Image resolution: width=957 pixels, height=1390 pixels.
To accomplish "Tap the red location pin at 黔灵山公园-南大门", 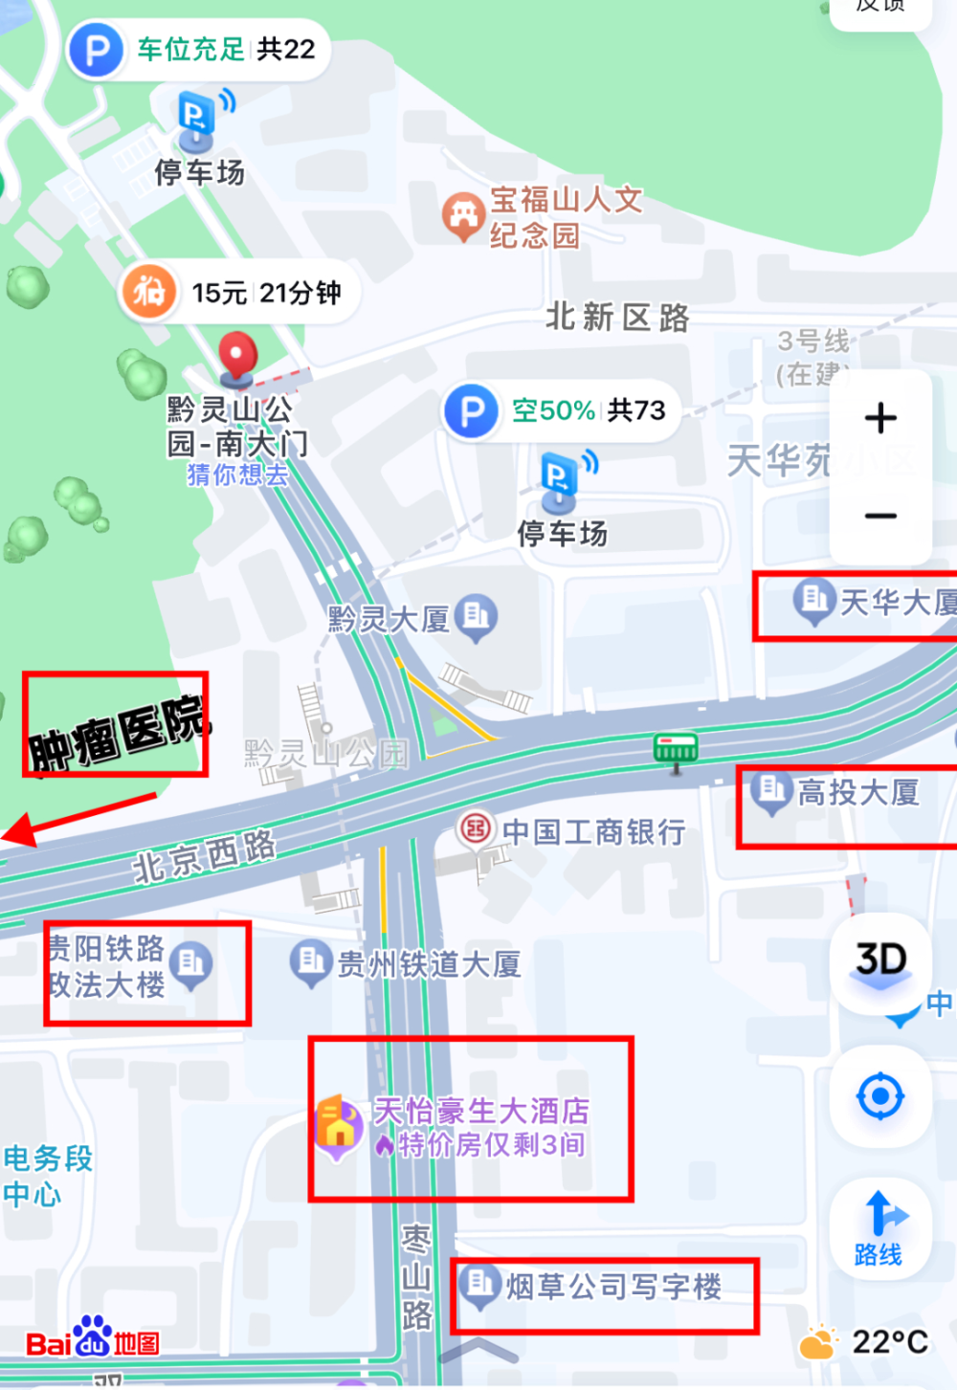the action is (237, 356).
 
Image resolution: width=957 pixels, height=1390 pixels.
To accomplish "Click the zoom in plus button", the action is (880, 418).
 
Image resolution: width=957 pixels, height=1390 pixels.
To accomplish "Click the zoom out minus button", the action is (880, 517).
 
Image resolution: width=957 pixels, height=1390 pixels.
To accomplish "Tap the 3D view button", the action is (880, 960).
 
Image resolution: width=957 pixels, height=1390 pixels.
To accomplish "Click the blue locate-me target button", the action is (880, 1096).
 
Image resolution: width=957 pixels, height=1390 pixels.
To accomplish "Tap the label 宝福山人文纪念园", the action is (565, 217).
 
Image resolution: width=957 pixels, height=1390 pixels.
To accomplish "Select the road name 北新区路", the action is (617, 317).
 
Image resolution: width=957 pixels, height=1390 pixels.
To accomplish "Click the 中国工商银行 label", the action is (593, 832).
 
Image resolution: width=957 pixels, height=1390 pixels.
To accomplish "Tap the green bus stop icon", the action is (676, 749).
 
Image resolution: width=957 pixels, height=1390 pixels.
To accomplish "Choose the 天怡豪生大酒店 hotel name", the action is (480, 1111).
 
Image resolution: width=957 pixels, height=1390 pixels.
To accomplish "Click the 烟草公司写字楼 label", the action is (613, 1287).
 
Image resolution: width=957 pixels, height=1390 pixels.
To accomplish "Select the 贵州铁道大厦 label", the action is (429, 963).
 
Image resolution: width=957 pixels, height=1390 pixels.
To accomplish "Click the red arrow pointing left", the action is (77, 819).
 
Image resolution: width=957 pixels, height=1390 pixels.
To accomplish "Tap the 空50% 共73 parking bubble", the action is (562, 410).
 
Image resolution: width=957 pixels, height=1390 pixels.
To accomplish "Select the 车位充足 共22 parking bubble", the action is (199, 49).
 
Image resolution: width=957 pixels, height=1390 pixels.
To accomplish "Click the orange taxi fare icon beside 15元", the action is (148, 291).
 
